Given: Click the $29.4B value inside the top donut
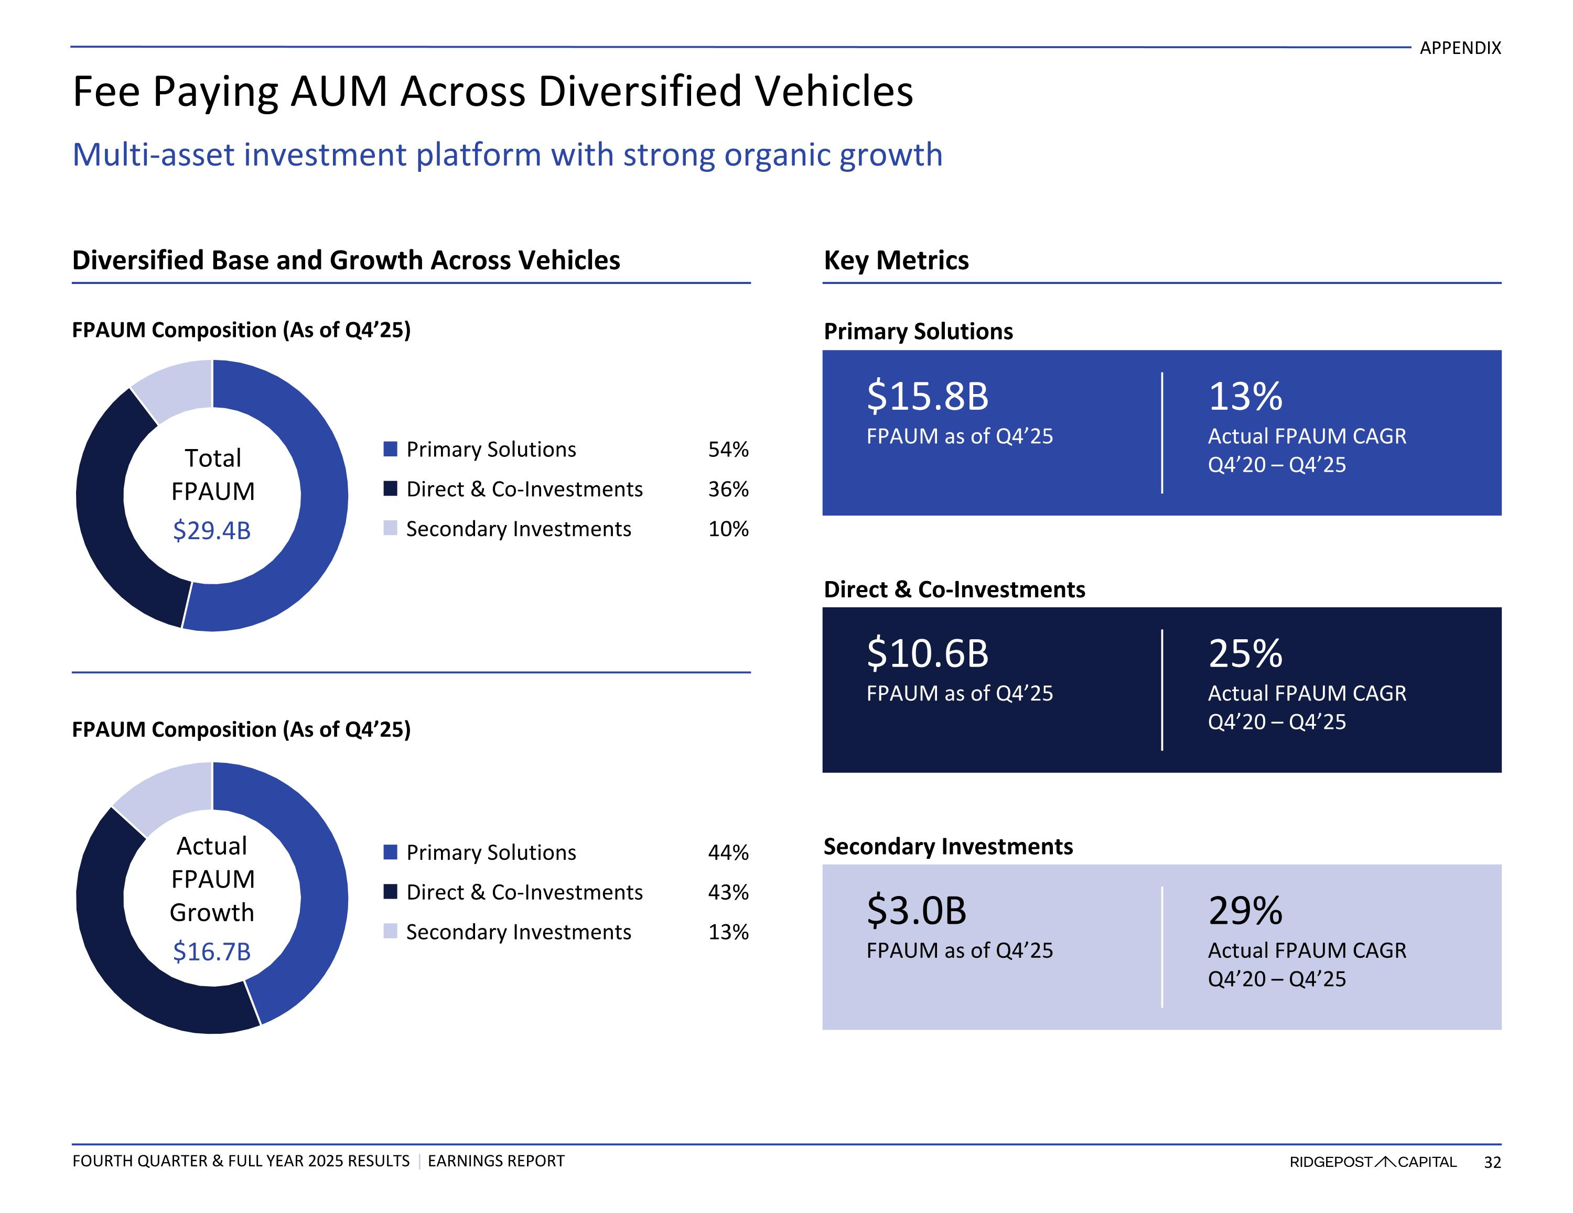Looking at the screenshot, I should pos(212,531).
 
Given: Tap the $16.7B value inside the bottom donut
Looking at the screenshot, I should pos(212,952).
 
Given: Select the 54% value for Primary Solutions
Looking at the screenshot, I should pos(728,449).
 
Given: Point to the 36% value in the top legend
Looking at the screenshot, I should pos(728,489).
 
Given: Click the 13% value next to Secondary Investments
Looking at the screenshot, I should pos(728,932).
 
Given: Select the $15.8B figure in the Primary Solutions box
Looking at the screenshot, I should pos(928,396).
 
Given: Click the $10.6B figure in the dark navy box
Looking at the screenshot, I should pos(928,653).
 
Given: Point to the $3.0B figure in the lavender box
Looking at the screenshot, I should pos(916,911).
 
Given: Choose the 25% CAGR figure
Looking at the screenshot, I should pos(1245,653).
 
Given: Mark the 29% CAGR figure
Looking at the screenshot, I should pos(1245,911).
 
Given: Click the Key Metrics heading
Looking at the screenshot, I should pos(896,260).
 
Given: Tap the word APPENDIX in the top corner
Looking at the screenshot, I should pos(1460,48).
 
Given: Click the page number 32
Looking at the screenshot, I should pos(1492,1162).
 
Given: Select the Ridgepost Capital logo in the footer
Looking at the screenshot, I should pos(1373,1162).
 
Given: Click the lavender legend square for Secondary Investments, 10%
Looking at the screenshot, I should pos(391,528).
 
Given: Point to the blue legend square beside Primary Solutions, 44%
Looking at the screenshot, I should pos(391,853).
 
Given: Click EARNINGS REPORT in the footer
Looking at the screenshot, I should pos(496,1161).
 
